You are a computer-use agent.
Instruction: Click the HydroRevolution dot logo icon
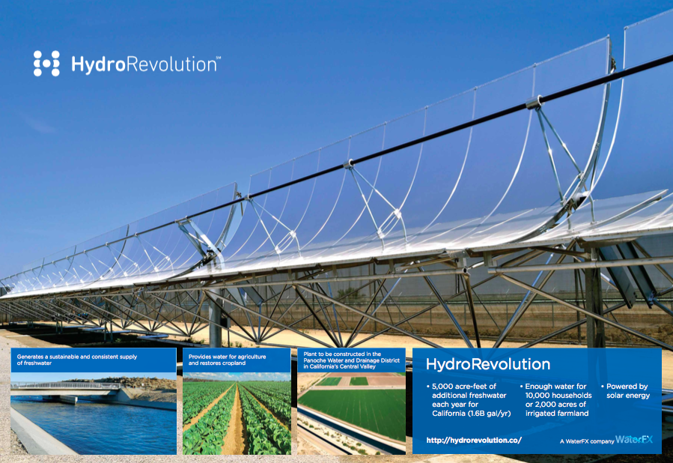[46, 63]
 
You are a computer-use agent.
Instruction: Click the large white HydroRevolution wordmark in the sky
[145, 64]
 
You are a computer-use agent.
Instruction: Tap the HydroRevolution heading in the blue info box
[488, 364]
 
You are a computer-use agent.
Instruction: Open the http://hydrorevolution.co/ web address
[474, 440]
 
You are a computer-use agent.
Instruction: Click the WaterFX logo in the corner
[634, 439]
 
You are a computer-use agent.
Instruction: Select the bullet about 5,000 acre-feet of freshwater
[469, 400]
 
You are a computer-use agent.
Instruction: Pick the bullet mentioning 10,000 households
[555, 400]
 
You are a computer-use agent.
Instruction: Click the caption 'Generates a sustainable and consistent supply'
[77, 360]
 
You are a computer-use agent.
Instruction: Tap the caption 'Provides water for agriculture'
[227, 360]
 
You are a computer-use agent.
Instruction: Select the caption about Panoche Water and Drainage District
[351, 360]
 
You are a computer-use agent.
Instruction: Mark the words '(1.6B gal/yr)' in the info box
[489, 413]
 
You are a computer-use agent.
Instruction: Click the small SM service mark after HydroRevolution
[218, 57]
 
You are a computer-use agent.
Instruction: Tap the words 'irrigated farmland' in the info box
[557, 413]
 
